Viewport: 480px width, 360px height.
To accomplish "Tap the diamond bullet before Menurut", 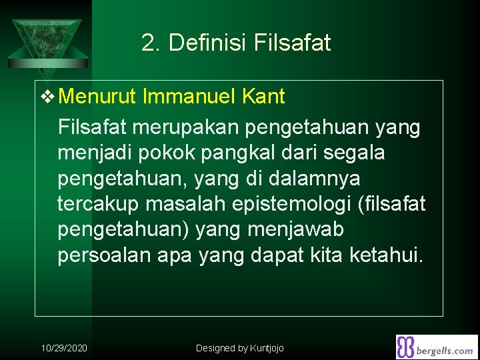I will [49, 97].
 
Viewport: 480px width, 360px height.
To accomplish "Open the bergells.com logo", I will [437, 347].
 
